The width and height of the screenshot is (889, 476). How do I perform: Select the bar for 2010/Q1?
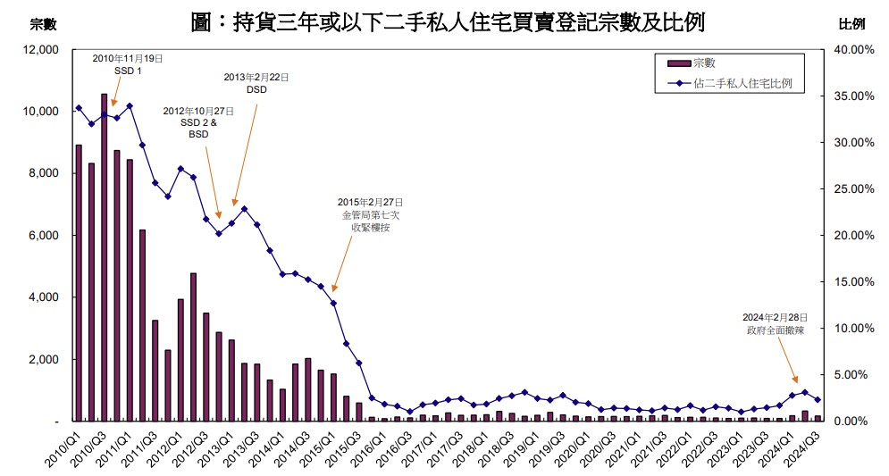(x=79, y=282)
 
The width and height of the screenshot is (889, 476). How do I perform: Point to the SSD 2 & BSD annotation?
(x=198, y=122)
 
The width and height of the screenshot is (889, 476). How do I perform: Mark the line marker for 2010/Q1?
(x=79, y=108)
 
